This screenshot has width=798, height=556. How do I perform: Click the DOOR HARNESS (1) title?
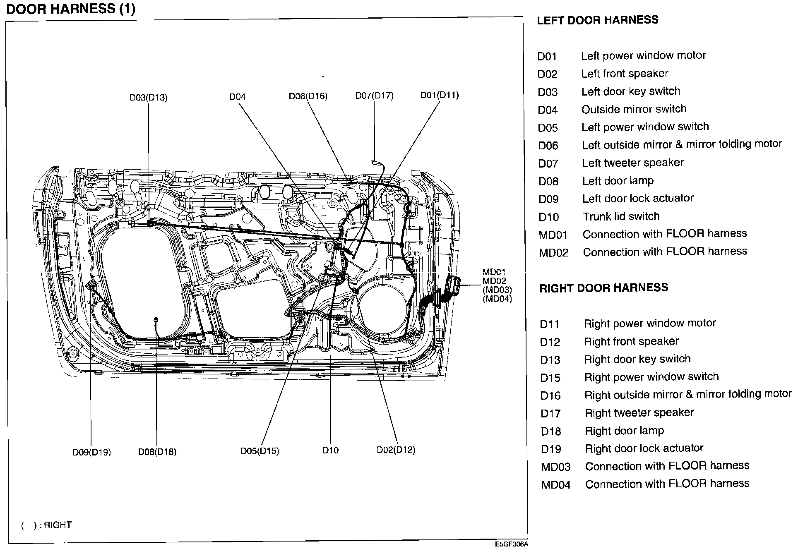tap(71, 9)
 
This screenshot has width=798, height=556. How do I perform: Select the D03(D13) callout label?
tap(148, 98)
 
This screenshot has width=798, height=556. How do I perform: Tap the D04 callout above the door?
tap(237, 97)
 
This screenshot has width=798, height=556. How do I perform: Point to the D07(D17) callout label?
tap(374, 96)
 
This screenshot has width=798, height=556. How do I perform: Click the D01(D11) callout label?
tap(440, 95)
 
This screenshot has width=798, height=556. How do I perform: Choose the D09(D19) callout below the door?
tap(91, 452)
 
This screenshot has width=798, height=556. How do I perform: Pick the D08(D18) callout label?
tap(157, 452)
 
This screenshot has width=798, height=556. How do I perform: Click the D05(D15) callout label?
tap(260, 451)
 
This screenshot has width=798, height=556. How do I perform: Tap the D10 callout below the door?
tap(330, 450)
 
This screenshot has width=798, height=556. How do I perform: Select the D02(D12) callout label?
tap(396, 450)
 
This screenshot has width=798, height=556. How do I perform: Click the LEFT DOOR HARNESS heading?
tap(597, 20)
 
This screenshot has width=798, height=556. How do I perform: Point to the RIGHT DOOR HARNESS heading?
tap(603, 288)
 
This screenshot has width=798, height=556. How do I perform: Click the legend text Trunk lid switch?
tap(621, 216)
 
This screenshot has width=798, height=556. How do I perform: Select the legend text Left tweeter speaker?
tap(632, 163)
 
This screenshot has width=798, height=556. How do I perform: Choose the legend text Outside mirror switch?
tap(634, 109)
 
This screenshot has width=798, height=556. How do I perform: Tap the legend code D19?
tap(550, 449)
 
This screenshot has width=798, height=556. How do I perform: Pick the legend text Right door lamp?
tap(624, 431)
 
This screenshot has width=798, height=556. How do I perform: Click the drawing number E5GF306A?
tap(512, 544)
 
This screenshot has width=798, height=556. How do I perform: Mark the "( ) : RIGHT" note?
tap(46, 525)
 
